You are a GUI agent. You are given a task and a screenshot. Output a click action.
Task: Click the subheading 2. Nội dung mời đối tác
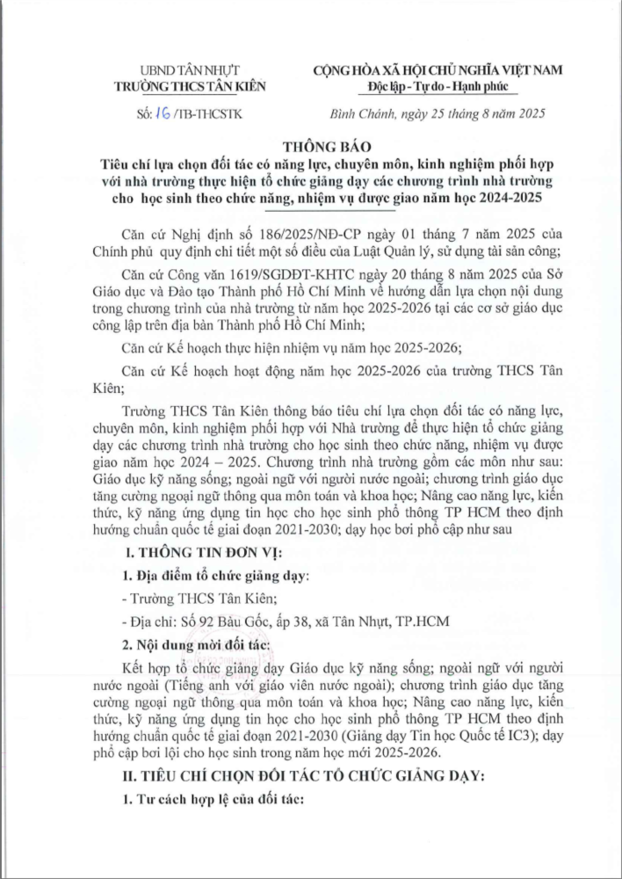point(196,644)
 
